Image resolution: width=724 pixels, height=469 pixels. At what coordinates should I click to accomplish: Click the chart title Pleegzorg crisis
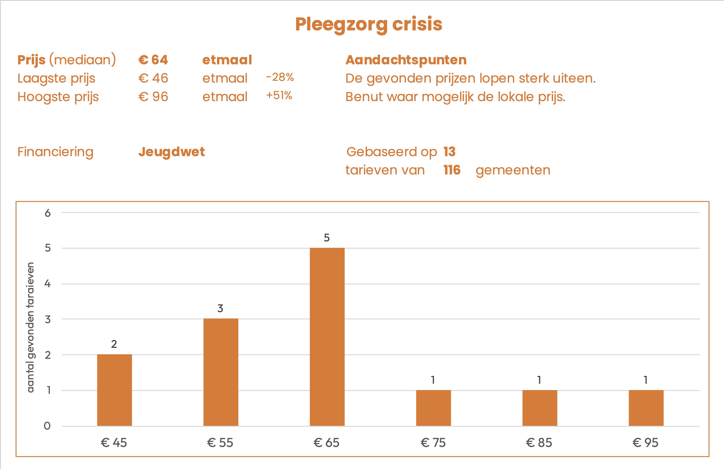click(368, 24)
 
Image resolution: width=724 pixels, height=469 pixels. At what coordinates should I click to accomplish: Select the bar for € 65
click(327, 337)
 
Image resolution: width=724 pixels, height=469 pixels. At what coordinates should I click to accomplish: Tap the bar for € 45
click(114, 390)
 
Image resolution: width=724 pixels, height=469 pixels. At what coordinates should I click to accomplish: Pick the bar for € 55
click(221, 372)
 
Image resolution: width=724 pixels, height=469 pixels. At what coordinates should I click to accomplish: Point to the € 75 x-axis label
click(433, 443)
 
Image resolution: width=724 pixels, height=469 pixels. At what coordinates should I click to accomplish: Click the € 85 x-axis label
click(539, 443)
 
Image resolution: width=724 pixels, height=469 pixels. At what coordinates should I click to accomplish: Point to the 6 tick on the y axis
click(48, 213)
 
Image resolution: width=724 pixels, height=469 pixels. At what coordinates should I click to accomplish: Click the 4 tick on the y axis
click(48, 284)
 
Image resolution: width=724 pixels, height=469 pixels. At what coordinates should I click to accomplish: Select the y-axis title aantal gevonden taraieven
click(30, 327)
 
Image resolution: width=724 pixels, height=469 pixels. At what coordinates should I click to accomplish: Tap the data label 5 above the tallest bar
click(326, 237)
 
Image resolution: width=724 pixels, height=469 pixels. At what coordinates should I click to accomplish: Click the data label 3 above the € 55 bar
click(220, 308)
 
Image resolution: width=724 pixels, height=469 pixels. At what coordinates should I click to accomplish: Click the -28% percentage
click(280, 77)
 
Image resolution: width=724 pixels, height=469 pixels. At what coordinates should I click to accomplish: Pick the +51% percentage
click(279, 96)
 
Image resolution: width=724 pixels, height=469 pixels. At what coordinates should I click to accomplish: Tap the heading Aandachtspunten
click(406, 60)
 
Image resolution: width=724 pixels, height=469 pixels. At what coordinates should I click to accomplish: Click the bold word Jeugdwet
click(172, 152)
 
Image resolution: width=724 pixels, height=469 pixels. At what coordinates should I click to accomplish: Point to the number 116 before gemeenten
click(452, 170)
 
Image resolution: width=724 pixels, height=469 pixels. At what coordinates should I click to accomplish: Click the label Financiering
click(55, 152)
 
